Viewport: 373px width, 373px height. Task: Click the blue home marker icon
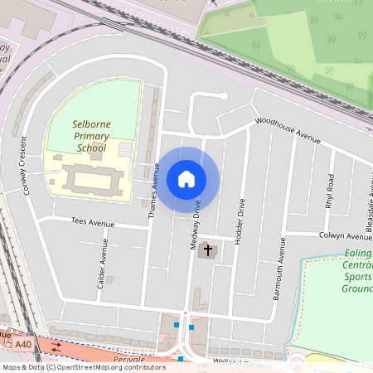point(186,179)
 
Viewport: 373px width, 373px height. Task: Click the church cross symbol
point(207,249)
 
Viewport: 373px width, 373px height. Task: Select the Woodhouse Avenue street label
point(287,130)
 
